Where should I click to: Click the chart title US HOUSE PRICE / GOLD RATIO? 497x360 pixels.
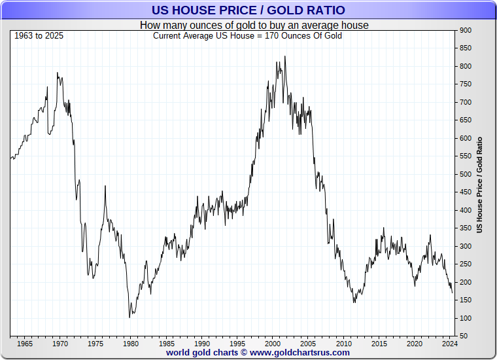click(248, 10)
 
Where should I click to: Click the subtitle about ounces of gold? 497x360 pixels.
click(254, 25)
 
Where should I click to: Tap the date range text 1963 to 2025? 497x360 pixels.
click(39, 35)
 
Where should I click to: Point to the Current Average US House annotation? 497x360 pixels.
click(247, 35)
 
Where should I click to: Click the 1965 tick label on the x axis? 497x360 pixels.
click(25, 343)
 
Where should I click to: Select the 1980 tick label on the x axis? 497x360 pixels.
click(130, 343)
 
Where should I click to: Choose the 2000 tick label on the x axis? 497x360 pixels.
click(273, 343)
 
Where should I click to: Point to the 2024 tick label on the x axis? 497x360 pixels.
click(449, 343)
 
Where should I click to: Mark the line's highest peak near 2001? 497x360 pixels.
click(284, 57)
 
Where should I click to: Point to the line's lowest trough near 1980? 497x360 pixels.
click(130, 317)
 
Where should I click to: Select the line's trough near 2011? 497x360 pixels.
click(354, 302)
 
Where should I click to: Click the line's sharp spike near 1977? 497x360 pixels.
click(105, 187)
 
